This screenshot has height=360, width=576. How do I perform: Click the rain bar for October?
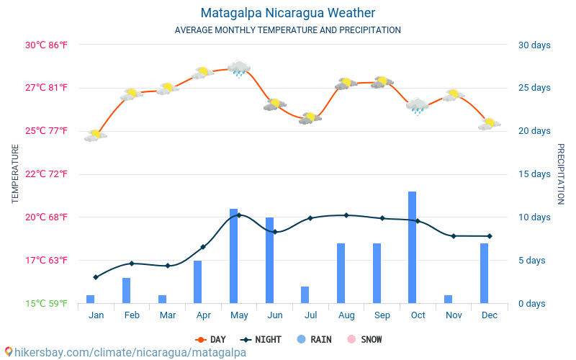tap(412, 247)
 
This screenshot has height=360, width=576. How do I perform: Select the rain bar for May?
tap(233, 256)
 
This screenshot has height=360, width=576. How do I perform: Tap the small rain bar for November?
tap(448, 300)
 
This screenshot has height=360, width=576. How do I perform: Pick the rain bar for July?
tap(305, 295)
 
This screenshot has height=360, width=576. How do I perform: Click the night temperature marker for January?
tap(96, 277)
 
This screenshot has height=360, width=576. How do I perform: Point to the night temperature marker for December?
tap(490, 236)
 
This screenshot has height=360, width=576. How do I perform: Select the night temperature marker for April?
tap(203, 247)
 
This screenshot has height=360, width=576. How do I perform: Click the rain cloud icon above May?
tap(239, 69)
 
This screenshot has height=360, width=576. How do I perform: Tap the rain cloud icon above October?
tap(418, 107)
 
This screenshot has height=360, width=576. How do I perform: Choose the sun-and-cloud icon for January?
tap(96, 135)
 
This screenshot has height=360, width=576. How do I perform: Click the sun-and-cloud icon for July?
tap(310, 118)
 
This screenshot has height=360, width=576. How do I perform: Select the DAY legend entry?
tap(210, 339)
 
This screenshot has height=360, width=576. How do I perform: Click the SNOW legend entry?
tap(364, 339)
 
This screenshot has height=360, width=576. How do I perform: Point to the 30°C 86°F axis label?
tap(46, 45)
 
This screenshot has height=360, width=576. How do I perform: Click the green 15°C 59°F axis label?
tap(46, 303)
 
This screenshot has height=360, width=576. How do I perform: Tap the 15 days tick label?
tap(534, 174)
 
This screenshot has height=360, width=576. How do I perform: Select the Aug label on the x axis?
tap(346, 315)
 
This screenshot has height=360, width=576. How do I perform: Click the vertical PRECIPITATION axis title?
tap(561, 174)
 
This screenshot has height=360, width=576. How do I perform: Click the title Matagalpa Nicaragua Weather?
tap(287, 13)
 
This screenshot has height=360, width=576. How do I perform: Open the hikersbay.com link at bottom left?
tap(126, 352)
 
